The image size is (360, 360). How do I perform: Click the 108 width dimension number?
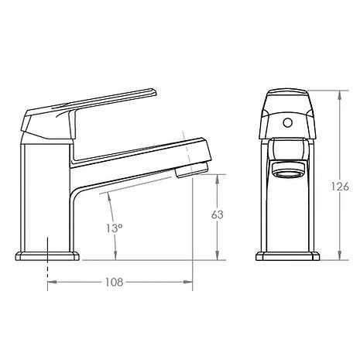[x=114, y=283]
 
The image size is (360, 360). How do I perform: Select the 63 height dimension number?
[x=219, y=214]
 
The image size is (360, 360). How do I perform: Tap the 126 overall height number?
[x=345, y=187]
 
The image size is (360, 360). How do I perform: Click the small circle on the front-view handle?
[x=287, y=121]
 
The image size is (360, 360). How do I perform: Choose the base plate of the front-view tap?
[x=287, y=256]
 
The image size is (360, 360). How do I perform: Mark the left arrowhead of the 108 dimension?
[x=52, y=283]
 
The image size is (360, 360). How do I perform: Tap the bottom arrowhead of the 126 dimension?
[x=338, y=257]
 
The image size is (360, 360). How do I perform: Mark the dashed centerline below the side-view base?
[x=48, y=271]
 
